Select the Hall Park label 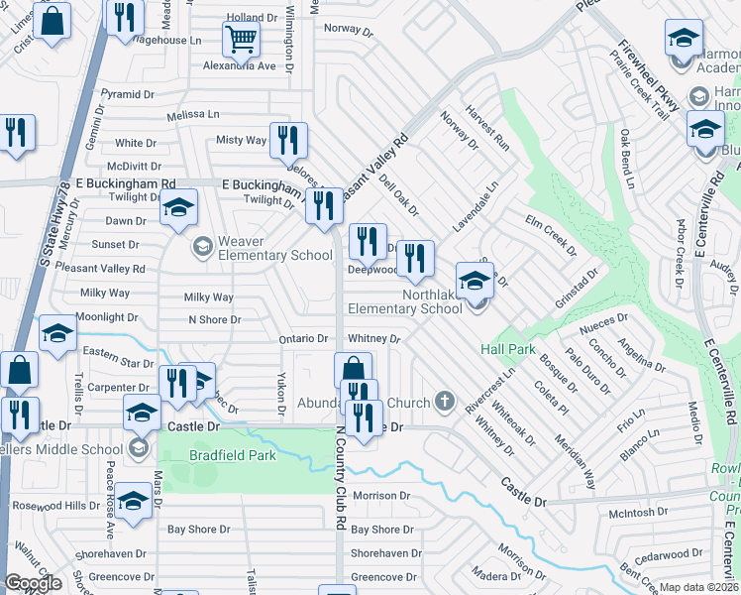click(507, 349)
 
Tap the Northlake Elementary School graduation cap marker click(475, 283)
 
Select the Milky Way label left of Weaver click(106, 294)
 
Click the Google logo click(33, 583)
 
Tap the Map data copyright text click(699, 587)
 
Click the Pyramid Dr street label click(127, 94)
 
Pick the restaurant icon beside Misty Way click(288, 141)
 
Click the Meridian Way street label click(575, 463)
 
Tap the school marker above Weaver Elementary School click(178, 208)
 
